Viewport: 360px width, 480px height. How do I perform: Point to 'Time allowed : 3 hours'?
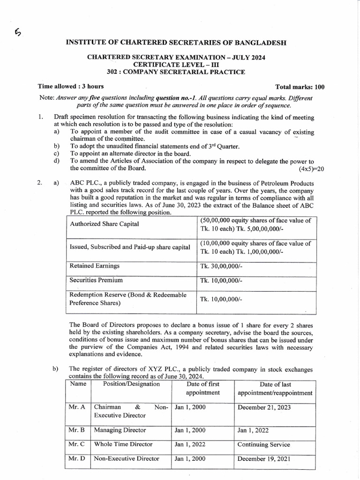[71, 86]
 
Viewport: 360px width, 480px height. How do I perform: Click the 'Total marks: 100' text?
[300, 87]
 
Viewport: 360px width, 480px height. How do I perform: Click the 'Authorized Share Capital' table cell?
[104, 224]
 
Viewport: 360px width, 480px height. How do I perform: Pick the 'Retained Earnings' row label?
[94, 266]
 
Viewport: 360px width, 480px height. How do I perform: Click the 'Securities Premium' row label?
[96, 280]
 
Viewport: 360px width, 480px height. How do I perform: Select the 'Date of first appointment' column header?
[202, 388]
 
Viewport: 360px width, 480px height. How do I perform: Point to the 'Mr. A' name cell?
[76, 407]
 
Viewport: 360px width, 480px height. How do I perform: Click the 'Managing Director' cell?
[120, 430]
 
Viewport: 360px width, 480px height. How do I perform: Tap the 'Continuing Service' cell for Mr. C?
[263, 444]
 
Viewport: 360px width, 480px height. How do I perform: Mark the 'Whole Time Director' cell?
[123, 444]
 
